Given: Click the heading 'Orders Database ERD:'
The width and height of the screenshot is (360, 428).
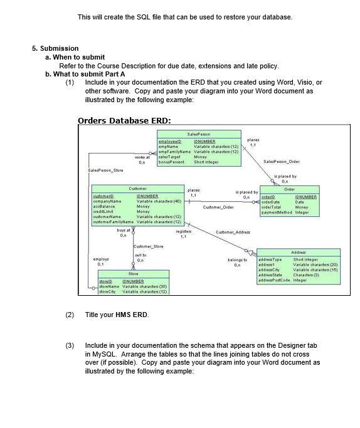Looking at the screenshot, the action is click(x=115, y=120).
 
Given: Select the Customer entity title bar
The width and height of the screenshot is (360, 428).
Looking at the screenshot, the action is click(x=137, y=188).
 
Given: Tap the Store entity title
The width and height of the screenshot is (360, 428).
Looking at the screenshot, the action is click(x=133, y=274).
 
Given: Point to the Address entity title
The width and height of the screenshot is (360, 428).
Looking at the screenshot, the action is click(x=298, y=252).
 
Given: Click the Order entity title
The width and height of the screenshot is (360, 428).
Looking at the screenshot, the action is click(x=289, y=189).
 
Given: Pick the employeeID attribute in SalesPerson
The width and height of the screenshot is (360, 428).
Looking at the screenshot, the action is click(x=170, y=142).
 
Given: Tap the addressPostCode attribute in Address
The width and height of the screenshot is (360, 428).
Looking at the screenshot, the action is click(x=274, y=280).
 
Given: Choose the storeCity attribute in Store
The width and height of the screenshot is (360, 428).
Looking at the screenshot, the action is click(x=110, y=292).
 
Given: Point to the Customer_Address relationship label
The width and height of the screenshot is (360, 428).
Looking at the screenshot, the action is click(x=233, y=232).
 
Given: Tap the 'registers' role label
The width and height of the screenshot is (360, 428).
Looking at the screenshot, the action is click(x=183, y=231).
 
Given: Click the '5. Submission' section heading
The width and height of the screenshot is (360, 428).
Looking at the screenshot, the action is click(x=55, y=48).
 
